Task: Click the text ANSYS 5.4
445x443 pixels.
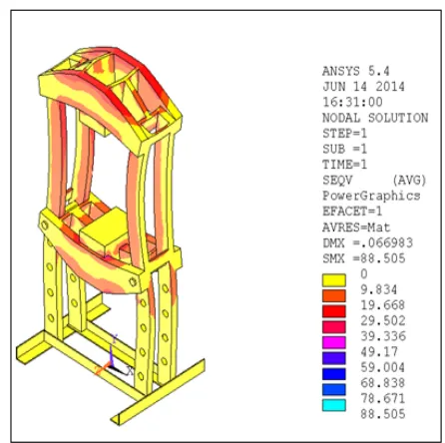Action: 355,71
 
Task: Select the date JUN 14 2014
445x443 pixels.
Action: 363,87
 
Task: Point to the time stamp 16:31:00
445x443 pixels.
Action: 352,102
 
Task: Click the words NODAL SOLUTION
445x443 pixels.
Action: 375,118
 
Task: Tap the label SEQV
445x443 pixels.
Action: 337,181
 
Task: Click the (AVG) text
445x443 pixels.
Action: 409,181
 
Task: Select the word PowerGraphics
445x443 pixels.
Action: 371,196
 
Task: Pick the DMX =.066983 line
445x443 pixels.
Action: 367,243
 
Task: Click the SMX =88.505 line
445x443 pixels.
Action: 364,258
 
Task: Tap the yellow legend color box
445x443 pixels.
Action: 334,280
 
